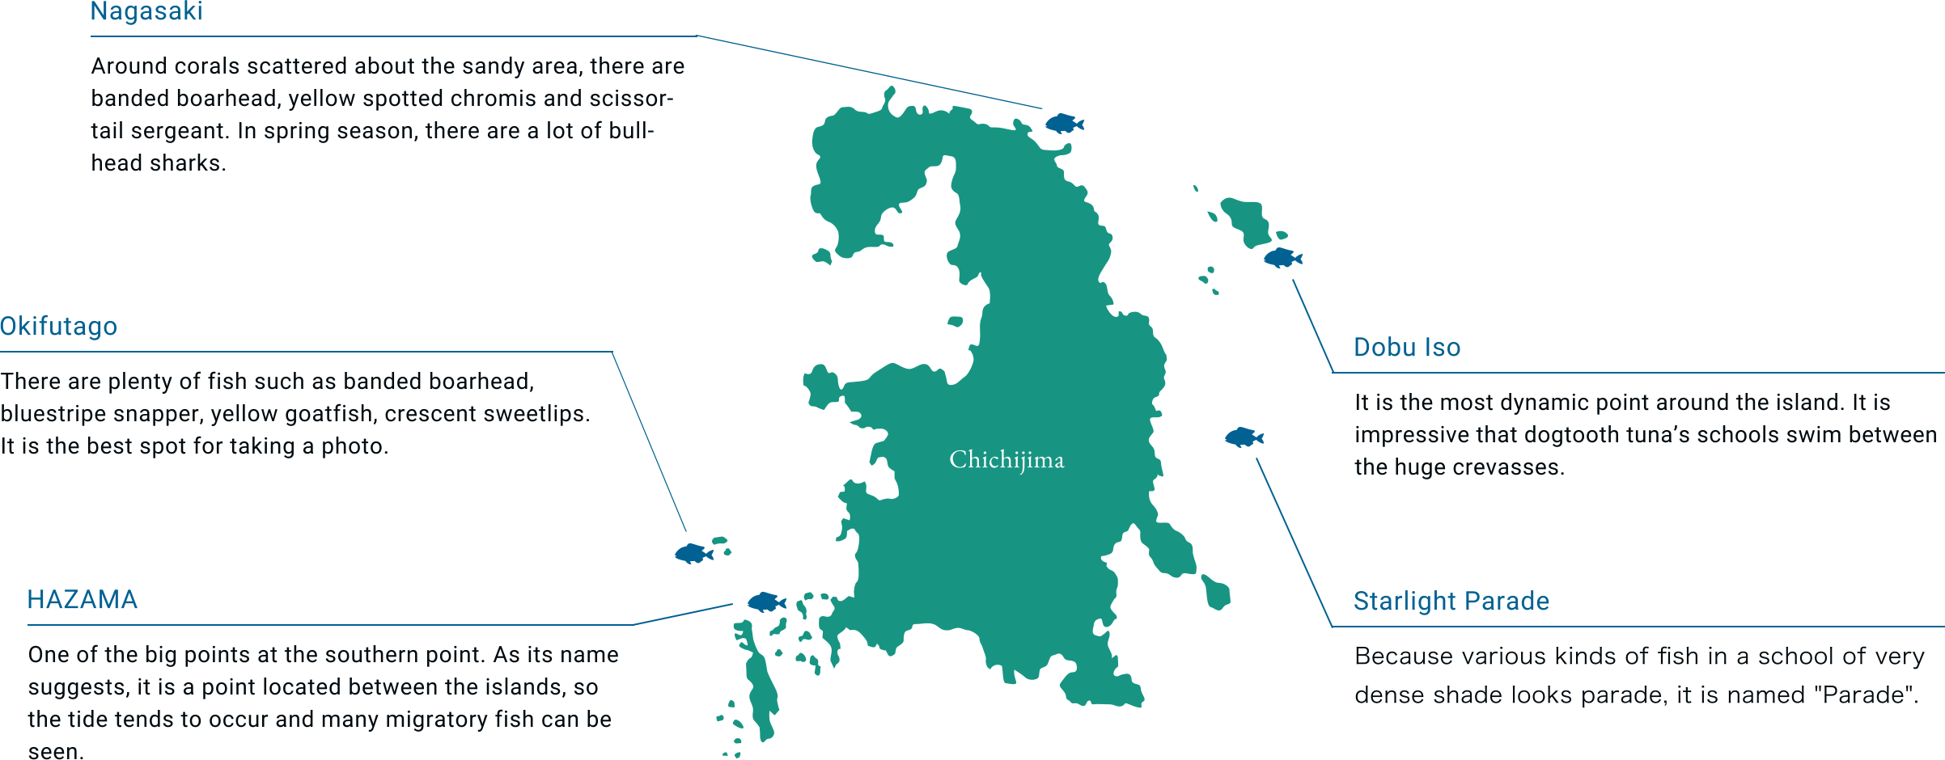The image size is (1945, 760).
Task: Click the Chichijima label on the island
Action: click(1006, 459)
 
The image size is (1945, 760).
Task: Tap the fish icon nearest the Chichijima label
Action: click(1243, 437)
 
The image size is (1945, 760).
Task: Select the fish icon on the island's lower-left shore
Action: click(766, 602)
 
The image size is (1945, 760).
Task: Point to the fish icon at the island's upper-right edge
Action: click(1282, 258)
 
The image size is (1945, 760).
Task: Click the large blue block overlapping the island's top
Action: click(868, 71)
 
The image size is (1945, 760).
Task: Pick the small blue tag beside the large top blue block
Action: click(1064, 124)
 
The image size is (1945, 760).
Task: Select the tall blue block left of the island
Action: click(648, 441)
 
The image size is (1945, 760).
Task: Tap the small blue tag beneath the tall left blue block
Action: click(693, 554)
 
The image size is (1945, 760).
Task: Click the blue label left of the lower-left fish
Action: click(680, 614)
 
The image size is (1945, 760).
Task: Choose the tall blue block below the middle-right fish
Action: click(1293, 542)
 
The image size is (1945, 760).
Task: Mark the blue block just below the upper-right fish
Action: click(1312, 325)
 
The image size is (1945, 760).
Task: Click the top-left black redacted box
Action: click(387, 113)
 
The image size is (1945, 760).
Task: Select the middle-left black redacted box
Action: click(295, 414)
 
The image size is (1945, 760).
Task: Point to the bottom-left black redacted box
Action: click(322, 701)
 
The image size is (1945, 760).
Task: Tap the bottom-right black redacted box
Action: click(1639, 677)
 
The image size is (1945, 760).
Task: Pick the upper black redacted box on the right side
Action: click(1644, 436)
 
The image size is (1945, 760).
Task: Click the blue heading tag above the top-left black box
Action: click(146, 13)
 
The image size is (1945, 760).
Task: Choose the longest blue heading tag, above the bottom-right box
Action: click(1451, 602)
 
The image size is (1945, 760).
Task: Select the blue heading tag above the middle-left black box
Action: click(59, 327)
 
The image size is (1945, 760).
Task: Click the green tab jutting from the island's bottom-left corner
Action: click(769, 733)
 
